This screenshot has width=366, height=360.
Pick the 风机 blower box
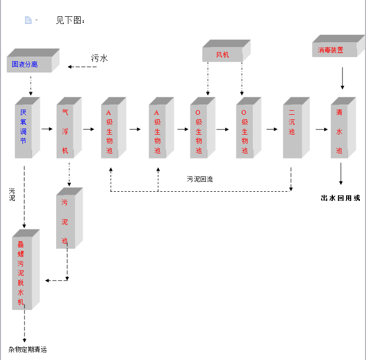tap(223, 55)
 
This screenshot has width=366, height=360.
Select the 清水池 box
tap(339, 131)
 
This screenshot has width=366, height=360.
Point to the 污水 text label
tap(100, 58)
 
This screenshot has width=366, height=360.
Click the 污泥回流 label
tap(200, 179)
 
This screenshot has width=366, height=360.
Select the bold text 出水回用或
tap(340, 198)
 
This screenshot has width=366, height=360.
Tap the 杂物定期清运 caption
tap(28, 349)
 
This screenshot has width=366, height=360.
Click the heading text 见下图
tap(70, 20)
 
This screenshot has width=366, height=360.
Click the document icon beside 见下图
tap(29, 20)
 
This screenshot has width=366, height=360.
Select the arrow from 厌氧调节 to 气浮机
tap(47, 129)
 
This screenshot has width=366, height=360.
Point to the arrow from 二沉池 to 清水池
tap(321, 129)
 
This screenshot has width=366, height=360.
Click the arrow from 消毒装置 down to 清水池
tap(342, 79)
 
